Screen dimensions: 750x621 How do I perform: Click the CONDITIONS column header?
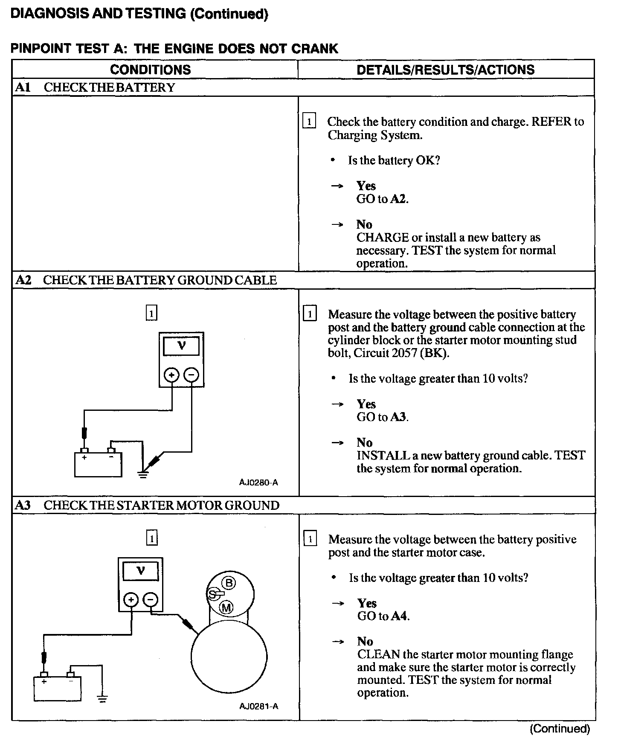(x=150, y=70)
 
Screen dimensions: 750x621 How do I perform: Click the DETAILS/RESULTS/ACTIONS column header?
(x=445, y=70)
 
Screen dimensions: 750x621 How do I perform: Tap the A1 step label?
(x=23, y=87)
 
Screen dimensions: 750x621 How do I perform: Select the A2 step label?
(x=23, y=280)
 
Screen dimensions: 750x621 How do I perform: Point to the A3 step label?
(x=23, y=506)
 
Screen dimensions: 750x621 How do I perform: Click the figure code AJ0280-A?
(x=258, y=483)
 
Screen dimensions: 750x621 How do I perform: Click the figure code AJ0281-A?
(x=259, y=706)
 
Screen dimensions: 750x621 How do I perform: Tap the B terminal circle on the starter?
(x=229, y=583)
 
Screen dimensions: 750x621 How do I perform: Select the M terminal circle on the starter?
(x=226, y=608)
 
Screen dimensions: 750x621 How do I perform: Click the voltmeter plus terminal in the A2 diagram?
(x=172, y=375)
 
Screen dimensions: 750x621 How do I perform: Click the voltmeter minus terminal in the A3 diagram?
(x=150, y=600)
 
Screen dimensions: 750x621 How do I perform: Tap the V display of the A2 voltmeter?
(x=182, y=346)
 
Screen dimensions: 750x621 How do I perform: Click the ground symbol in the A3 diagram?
(x=102, y=698)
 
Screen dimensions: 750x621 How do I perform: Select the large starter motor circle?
(x=229, y=657)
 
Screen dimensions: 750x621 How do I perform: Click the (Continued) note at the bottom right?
(x=560, y=729)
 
